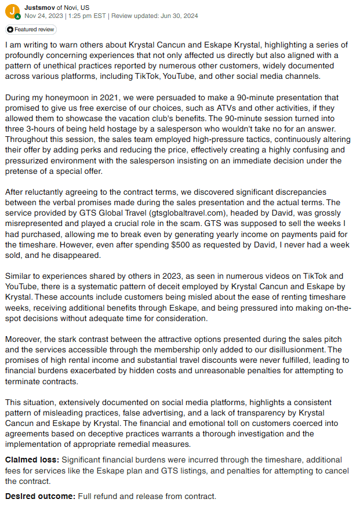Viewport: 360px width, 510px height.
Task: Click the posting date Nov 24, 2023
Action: (x=44, y=16)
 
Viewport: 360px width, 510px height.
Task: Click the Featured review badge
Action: (x=31, y=29)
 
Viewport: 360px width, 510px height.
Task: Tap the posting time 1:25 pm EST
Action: (x=86, y=16)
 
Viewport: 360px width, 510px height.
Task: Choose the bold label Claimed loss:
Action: (x=32, y=460)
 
